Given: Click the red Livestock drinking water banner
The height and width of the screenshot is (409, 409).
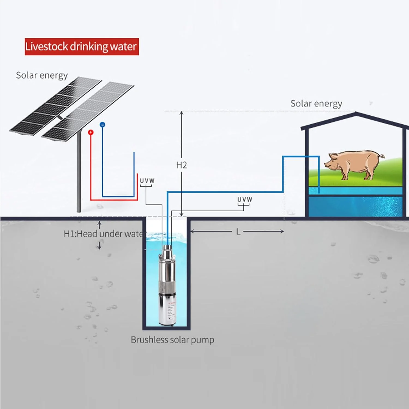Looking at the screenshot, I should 82,47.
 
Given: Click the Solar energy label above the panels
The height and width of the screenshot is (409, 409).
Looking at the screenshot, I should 42,75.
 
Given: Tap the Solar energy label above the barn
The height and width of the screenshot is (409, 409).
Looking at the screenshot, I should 316,104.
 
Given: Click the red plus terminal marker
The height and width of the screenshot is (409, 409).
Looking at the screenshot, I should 91,133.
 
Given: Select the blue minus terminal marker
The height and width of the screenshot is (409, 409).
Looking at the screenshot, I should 102,125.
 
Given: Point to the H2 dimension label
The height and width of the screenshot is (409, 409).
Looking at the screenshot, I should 181,165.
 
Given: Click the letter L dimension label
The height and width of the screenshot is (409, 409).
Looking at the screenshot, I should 238,232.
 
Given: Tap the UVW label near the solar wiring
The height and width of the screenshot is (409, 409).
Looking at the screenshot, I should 147,181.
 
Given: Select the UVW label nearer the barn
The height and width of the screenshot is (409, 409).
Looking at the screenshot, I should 245,200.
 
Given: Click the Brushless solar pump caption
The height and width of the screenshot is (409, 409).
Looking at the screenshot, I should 172,340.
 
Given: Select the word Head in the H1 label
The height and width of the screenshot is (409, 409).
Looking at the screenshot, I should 87,234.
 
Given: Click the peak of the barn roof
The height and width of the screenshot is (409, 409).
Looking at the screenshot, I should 356,114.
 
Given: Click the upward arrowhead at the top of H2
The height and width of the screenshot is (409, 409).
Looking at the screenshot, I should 181,113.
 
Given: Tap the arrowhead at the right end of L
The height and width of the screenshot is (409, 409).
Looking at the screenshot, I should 282,231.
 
